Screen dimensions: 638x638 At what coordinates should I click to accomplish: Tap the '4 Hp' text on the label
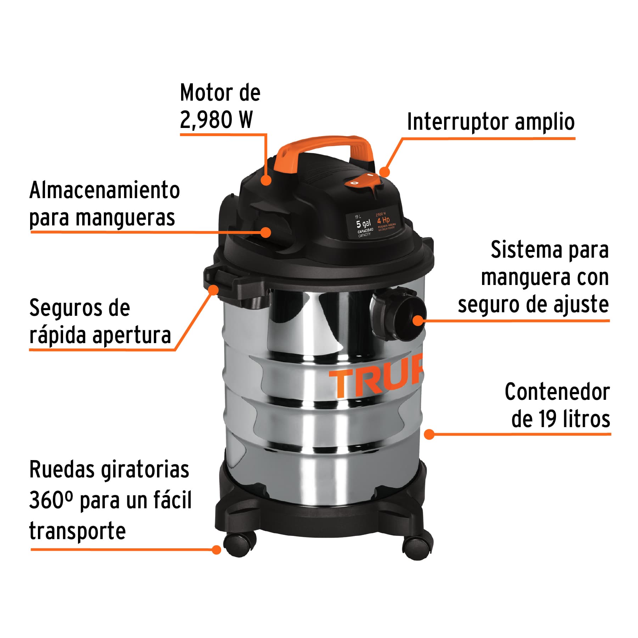[383, 220]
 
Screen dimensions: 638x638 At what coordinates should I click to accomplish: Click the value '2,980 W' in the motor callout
[216, 119]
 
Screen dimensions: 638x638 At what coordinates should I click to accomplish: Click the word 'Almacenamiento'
[105, 190]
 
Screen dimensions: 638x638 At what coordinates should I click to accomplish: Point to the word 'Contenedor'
[557, 392]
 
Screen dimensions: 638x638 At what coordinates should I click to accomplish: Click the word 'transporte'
[77, 531]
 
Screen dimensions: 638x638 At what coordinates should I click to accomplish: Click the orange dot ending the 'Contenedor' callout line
[429, 434]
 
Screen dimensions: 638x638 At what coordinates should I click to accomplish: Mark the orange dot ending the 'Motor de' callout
[266, 180]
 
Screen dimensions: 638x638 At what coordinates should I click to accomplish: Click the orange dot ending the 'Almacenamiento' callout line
[266, 232]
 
